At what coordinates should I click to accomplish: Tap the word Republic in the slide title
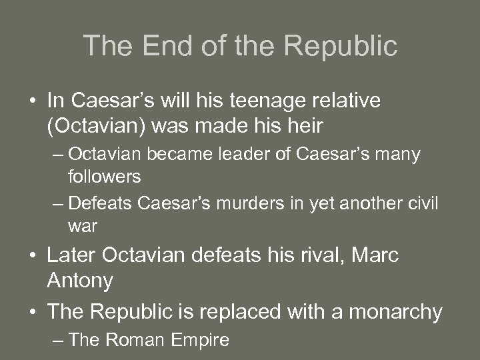click(341, 45)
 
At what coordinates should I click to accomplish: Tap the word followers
click(104, 177)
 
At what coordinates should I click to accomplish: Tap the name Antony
click(80, 280)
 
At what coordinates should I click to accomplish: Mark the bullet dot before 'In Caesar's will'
click(32, 101)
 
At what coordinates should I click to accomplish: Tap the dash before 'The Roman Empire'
click(58, 341)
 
